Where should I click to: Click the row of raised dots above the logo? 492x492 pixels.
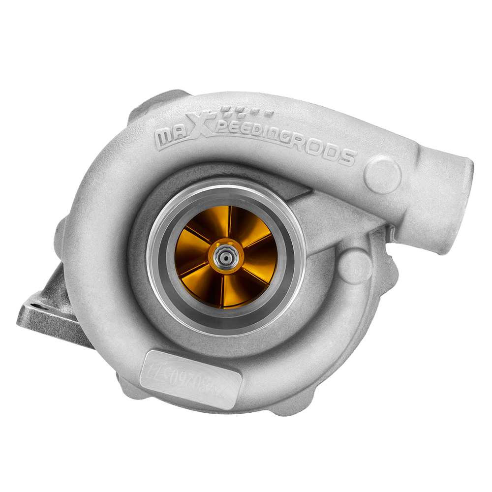point(246,111)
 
